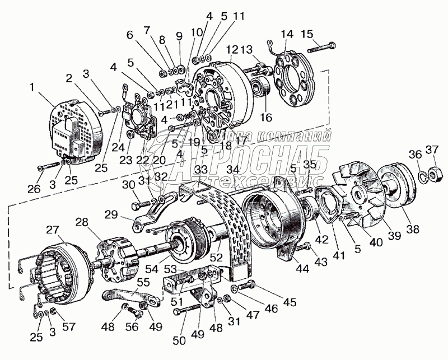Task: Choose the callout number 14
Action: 287,35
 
